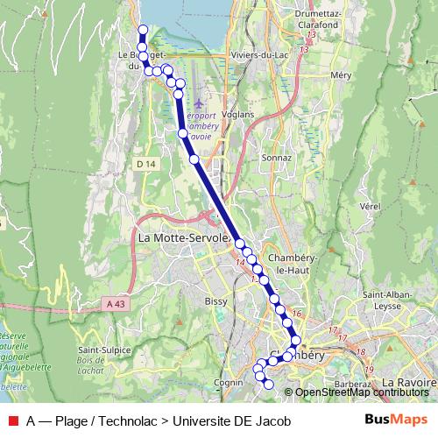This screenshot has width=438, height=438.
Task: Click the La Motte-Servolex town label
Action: click(x=183, y=237)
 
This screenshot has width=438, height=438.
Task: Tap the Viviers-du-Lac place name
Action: click(x=256, y=54)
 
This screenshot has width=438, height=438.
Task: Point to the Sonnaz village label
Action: click(x=276, y=158)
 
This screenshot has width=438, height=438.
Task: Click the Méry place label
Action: click(x=341, y=75)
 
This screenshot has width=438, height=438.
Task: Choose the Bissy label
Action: click(x=215, y=301)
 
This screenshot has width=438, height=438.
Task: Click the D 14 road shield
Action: click(x=145, y=164)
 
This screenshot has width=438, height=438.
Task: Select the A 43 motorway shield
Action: click(x=113, y=303)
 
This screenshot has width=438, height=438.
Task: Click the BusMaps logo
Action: click(x=396, y=420)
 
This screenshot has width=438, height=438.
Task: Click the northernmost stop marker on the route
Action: click(x=144, y=31)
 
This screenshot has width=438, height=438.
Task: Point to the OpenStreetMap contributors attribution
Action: click(x=361, y=392)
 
